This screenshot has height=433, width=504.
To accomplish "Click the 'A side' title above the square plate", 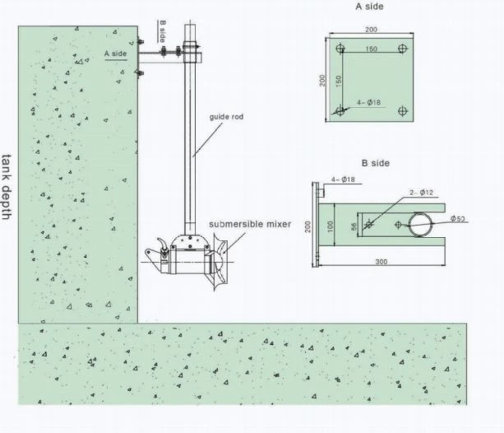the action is [x=369, y=7].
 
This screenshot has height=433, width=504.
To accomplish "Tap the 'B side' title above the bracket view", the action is [x=376, y=163].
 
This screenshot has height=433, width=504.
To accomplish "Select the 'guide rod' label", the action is [x=226, y=117].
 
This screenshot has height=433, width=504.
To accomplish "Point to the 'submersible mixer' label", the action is [x=250, y=224].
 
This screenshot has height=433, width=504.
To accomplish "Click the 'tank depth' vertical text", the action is [x=7, y=187].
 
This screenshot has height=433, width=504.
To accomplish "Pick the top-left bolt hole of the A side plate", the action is [x=340, y=49].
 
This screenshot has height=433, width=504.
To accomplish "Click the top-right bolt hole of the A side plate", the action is [x=403, y=49].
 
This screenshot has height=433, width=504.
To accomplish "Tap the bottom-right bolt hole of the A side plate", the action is [x=403, y=111].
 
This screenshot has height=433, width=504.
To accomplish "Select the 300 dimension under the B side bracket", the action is [x=381, y=262].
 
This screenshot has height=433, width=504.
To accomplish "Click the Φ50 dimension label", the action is [x=458, y=219].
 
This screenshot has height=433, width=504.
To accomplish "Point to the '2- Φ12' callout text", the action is [x=422, y=193].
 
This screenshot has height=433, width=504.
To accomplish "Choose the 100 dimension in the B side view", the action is [x=330, y=226].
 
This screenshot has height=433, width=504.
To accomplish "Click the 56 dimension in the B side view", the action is [x=354, y=226].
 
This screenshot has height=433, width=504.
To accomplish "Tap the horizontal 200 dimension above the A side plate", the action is [x=371, y=30].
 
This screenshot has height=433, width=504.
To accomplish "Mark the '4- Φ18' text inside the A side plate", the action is [x=368, y=102].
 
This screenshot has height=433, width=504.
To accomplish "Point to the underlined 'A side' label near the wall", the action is [x=115, y=54].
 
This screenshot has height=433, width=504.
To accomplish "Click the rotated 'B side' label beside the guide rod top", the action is [x=163, y=31].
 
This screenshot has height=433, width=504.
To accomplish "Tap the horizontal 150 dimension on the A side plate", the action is [x=372, y=49].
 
